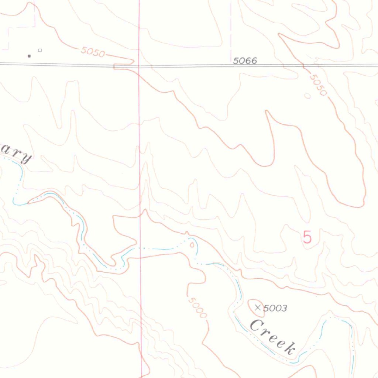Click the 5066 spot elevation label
click(x=245, y=61)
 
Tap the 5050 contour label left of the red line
click(x=92, y=52)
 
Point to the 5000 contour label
click(x=197, y=307)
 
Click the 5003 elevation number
click(x=275, y=308)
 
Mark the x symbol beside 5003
click(x=258, y=307)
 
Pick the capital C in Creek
click(x=255, y=325)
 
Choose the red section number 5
click(x=307, y=237)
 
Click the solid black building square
click(x=29, y=56)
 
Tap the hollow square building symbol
click(x=40, y=50)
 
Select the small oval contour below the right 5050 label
click(x=307, y=96)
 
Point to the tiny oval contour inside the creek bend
click(x=192, y=244)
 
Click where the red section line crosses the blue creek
click(x=140, y=248)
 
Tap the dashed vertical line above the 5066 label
click(x=231, y=30)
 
